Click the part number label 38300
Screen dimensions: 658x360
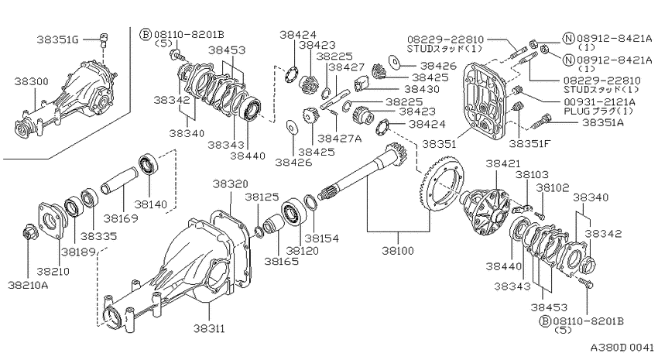32,81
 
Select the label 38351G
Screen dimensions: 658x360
58,39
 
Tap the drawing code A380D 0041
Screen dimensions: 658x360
622,348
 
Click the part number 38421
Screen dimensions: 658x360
503,163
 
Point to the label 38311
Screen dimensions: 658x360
209,328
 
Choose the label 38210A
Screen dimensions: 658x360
28,286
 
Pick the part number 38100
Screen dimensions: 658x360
398,251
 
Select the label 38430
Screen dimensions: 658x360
422,89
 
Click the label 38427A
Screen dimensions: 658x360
340,138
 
